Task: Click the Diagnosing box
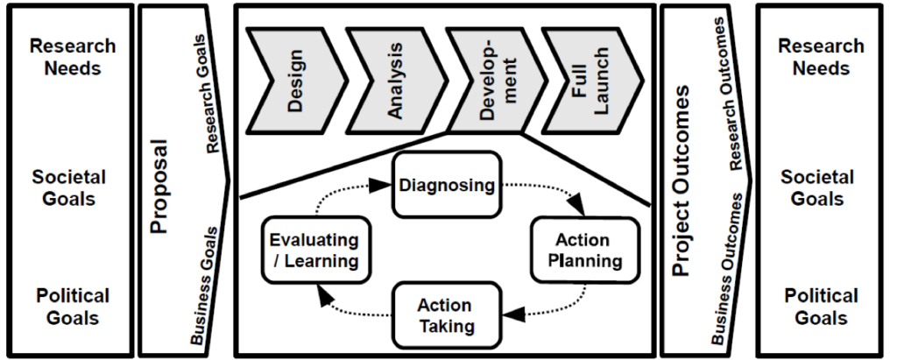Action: (x=448, y=186)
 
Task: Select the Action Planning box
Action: (x=576, y=250)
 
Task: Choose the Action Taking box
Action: (x=444, y=315)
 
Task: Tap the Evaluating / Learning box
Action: (x=314, y=250)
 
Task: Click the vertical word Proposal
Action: (x=159, y=184)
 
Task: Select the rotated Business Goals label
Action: (x=203, y=286)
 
